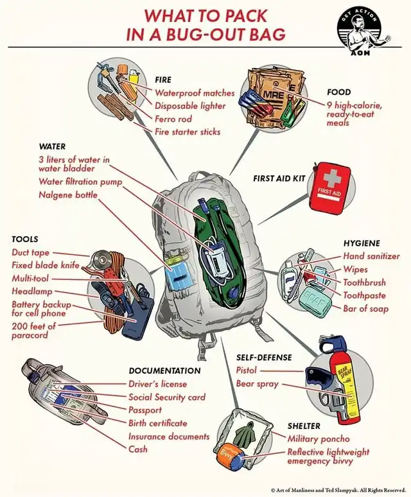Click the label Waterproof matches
pos(195,93)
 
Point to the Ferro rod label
pos(173,119)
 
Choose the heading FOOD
pos(338,92)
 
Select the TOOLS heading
pos(24,239)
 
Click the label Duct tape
pos(31,252)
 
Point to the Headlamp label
pos(31,291)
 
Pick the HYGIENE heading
pos(362,243)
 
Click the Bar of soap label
pos(366,310)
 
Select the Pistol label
pos(246,370)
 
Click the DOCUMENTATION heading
pos(164,371)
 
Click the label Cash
pos(138,449)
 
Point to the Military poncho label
pos(319,439)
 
